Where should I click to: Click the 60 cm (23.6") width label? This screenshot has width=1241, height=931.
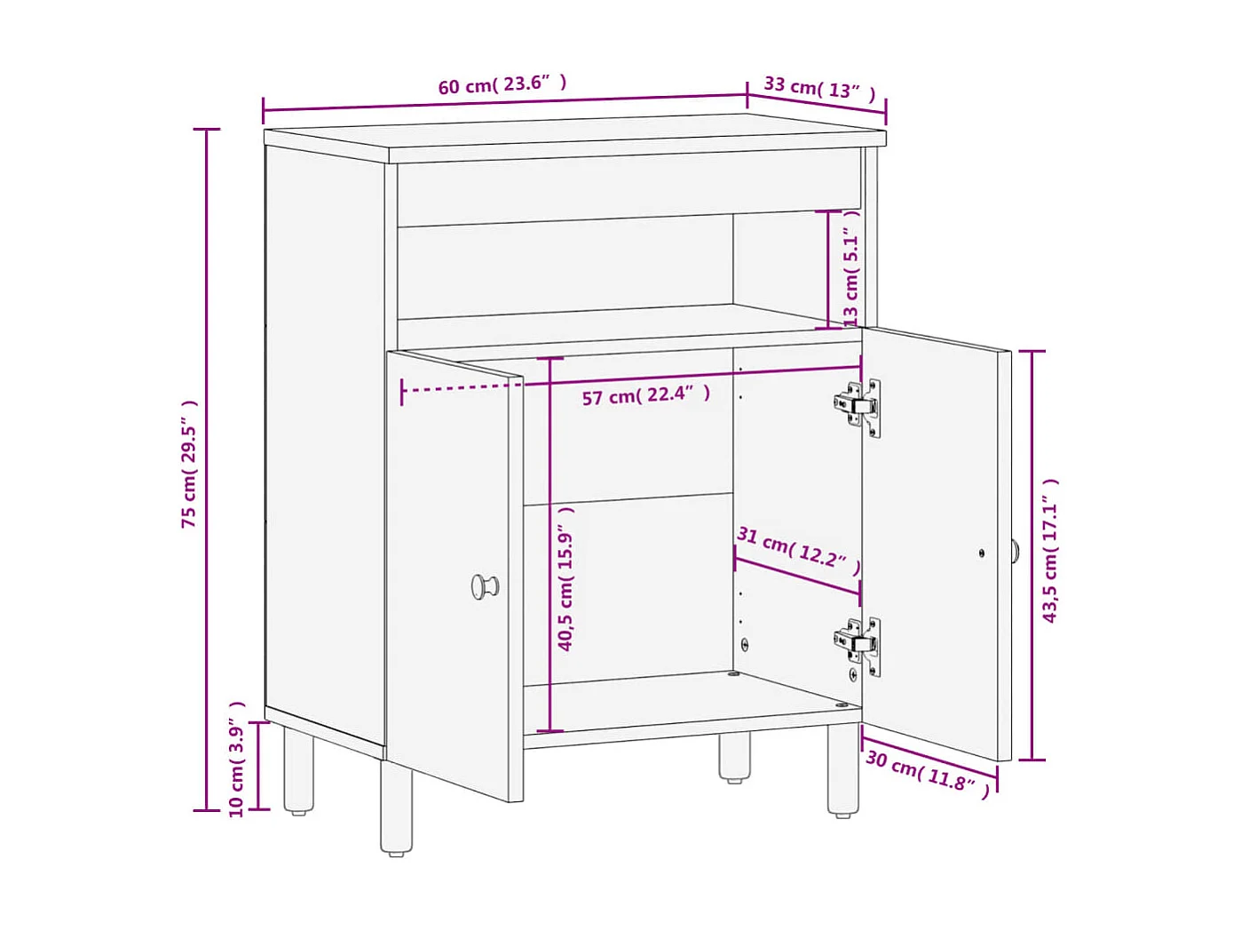pos(502,84)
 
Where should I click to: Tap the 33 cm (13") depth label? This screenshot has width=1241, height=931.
pos(819,88)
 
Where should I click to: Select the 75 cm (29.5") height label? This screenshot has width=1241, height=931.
pos(189,464)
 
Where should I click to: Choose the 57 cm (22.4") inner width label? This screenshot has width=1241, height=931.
pos(645,395)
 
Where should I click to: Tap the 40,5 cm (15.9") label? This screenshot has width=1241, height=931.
pos(565,578)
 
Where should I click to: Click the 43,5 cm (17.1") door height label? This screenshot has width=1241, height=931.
pos(1050,551)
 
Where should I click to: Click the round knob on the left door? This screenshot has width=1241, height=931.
pos(485,586)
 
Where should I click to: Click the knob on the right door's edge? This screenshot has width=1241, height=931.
pos(1015,552)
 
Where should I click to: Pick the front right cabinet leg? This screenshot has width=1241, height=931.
pos(843,769)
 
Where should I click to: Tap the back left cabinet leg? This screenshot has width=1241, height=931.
pos(298,771)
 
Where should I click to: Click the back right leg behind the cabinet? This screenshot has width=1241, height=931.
pos(734,757)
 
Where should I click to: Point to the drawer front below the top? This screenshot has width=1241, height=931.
pos(628,187)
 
